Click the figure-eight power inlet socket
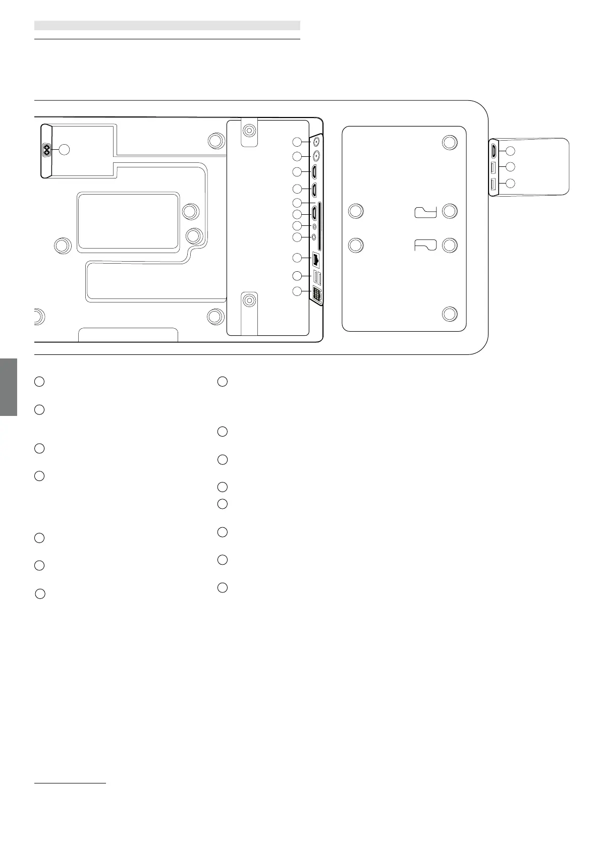tap(47, 150)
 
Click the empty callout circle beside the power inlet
tap(64, 149)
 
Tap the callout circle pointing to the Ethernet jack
tap(298, 258)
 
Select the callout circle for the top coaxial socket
tap(298, 142)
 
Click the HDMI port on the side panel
tap(494, 150)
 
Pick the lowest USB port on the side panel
tap(494, 185)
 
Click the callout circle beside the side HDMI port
tap(511, 150)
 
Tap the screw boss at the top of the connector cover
tap(248, 131)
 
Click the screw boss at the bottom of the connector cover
tap(248, 301)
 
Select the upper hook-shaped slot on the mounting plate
tap(425, 212)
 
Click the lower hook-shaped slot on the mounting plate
tap(425, 245)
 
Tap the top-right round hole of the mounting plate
tap(450, 142)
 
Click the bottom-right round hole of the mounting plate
tap(450, 314)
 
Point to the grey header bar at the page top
tap(167, 25)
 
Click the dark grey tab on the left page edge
tap(9, 387)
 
